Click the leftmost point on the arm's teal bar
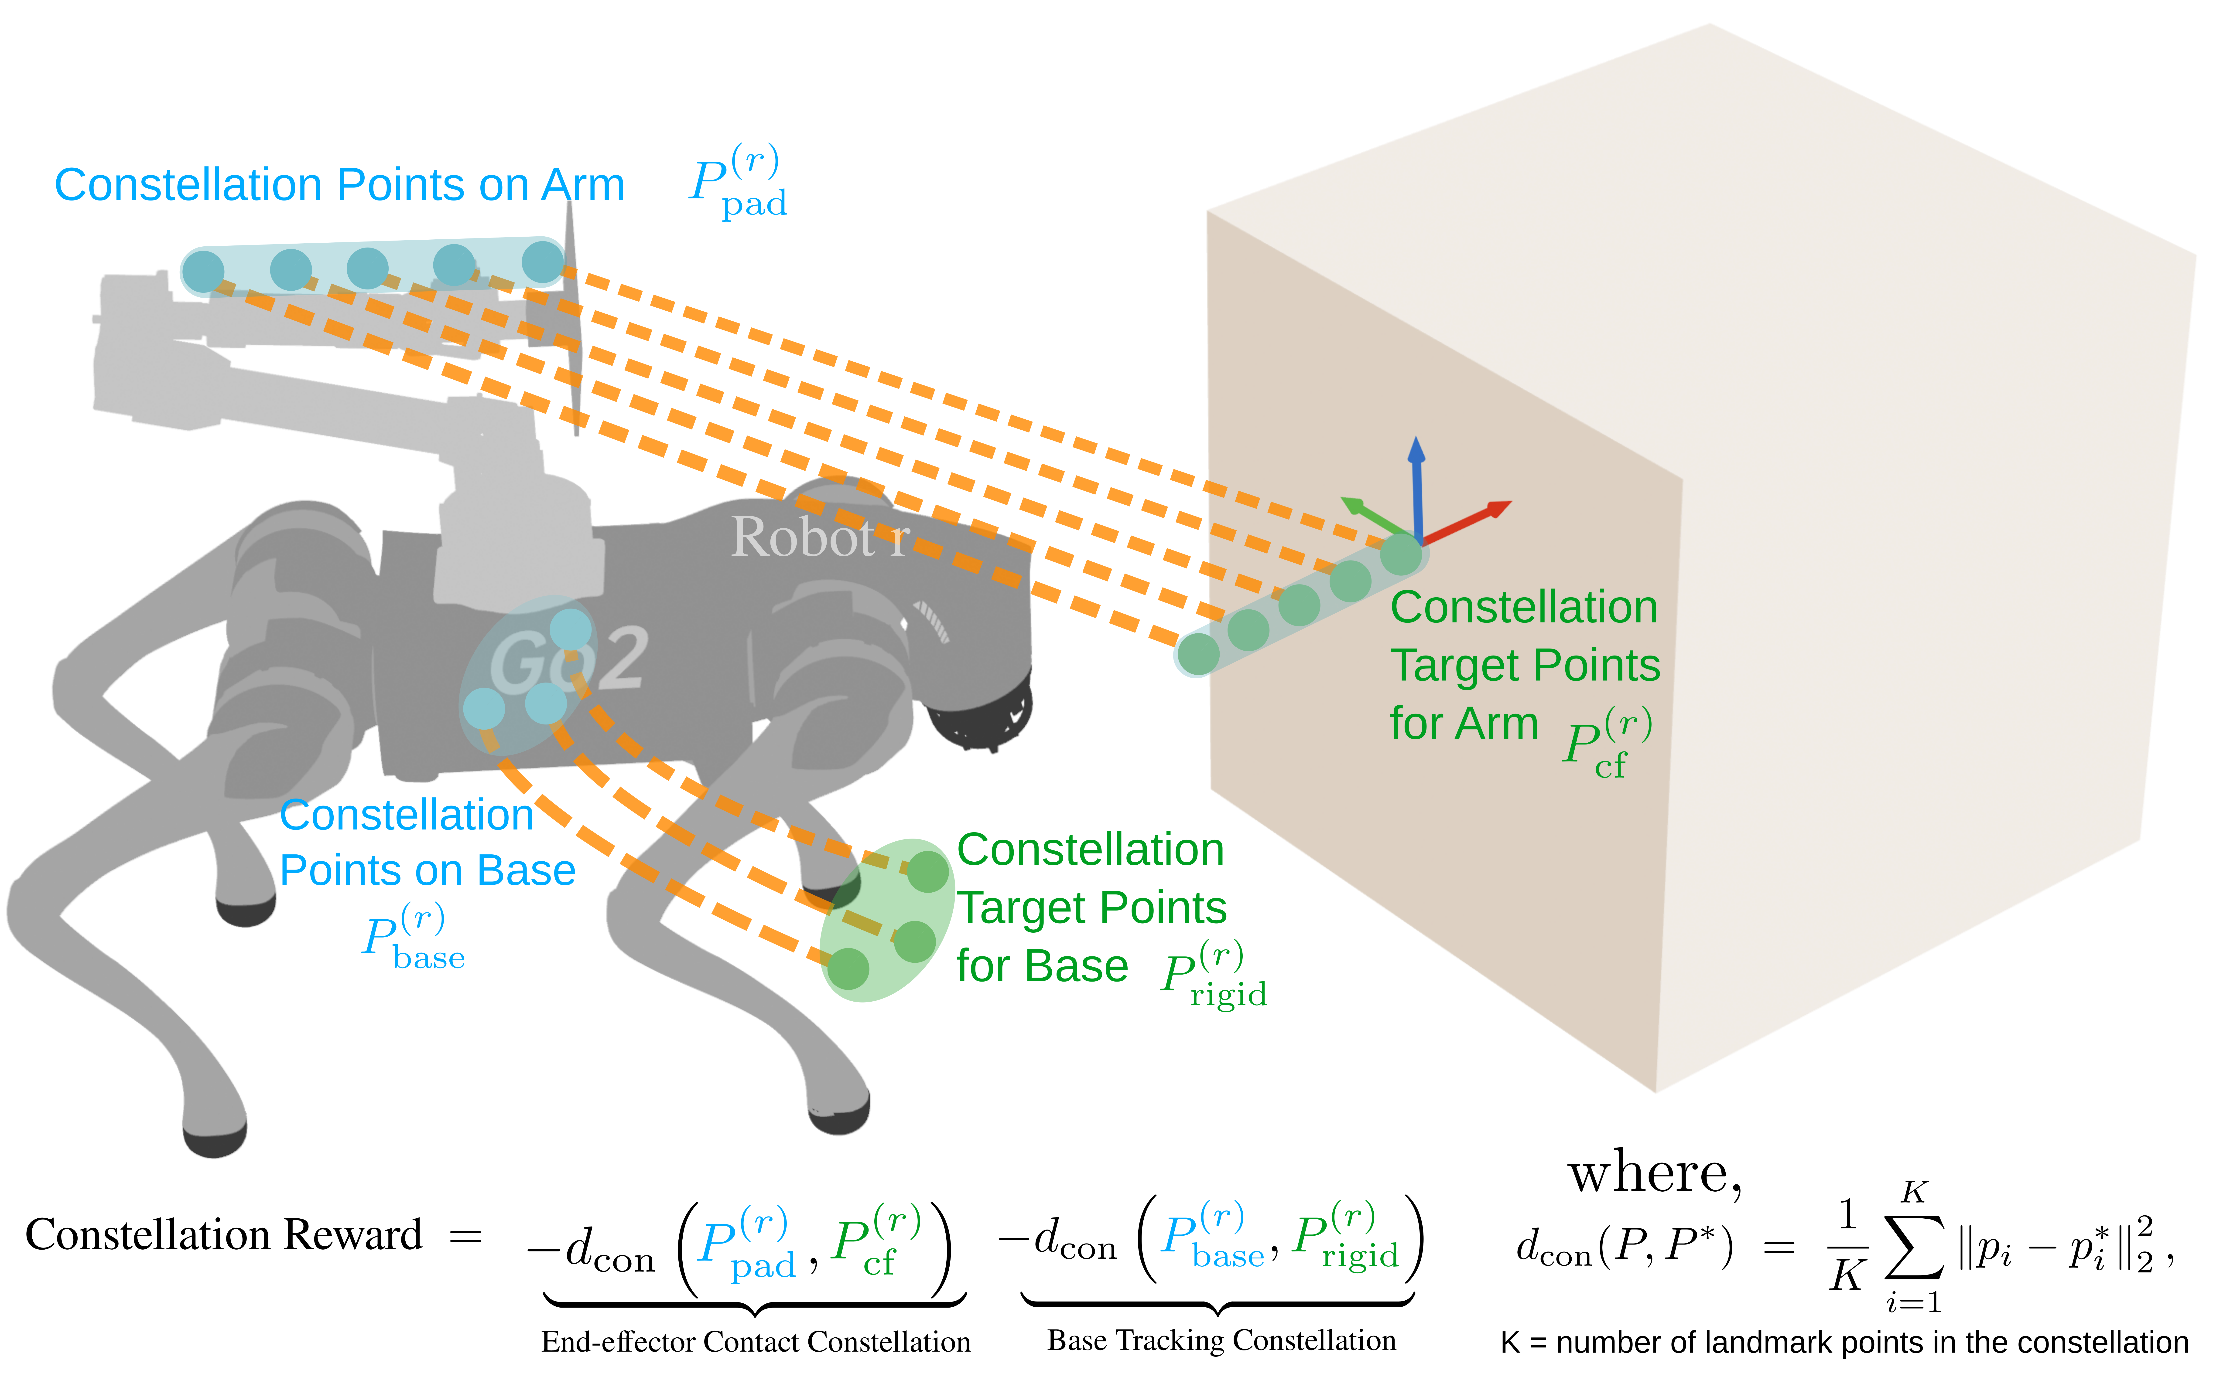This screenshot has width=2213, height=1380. point(203,271)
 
